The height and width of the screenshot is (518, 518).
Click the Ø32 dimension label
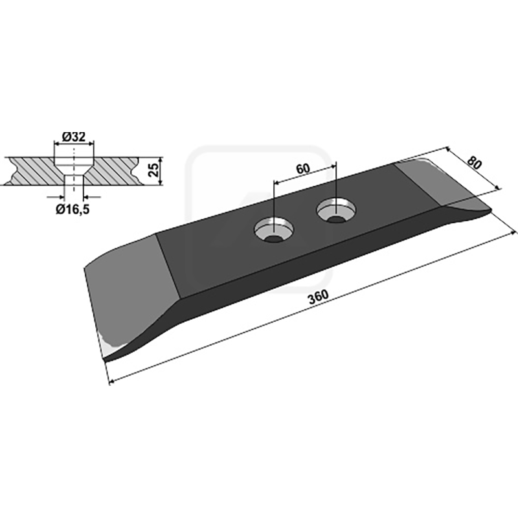74,137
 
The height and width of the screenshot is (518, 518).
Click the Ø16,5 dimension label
73,209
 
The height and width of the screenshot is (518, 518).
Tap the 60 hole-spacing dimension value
303,168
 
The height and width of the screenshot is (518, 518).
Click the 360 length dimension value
319,297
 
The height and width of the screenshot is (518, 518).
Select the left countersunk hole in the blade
273,230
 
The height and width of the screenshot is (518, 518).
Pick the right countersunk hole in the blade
336,211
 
